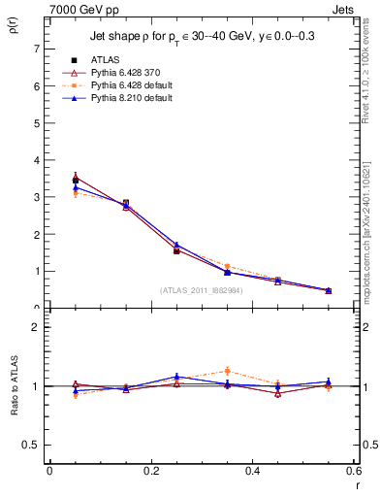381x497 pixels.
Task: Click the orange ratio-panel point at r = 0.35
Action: [x=227, y=371]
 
